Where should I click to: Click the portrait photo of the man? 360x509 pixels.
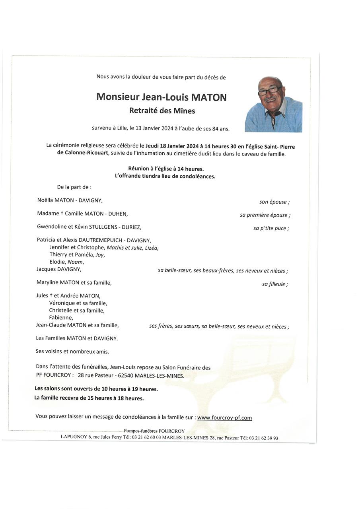pyautogui.click(x=273, y=104)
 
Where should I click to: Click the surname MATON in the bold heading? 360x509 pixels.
pyautogui.click(x=209, y=97)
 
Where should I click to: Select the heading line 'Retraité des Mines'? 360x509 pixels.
pyautogui.click(x=162, y=111)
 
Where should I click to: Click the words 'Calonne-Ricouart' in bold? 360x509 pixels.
pyautogui.click(x=83, y=154)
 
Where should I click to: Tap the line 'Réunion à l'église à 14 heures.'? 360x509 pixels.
pyautogui.click(x=166, y=169)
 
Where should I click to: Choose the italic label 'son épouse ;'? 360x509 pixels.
pyautogui.click(x=274, y=202)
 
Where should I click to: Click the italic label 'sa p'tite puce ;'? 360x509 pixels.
pyautogui.click(x=271, y=228)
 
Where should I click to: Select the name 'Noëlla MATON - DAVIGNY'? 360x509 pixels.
pyautogui.click(x=70, y=200)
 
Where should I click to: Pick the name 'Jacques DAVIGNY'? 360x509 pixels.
pyautogui.click(x=59, y=269)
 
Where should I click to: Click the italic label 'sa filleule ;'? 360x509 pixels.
pyautogui.click(x=275, y=284)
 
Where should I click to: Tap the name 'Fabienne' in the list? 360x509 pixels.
pyautogui.click(x=61, y=317)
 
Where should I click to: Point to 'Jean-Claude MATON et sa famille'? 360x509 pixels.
pyautogui.click(x=77, y=325)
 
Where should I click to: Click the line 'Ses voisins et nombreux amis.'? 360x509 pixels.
pyautogui.click(x=72, y=352)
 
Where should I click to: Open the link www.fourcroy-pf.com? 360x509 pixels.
pyautogui.click(x=224, y=418)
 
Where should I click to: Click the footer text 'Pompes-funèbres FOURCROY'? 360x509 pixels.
pyautogui.click(x=154, y=431)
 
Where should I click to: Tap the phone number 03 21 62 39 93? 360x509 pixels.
pyautogui.click(x=264, y=438)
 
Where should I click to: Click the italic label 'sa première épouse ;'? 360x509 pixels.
pyautogui.click(x=265, y=215)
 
